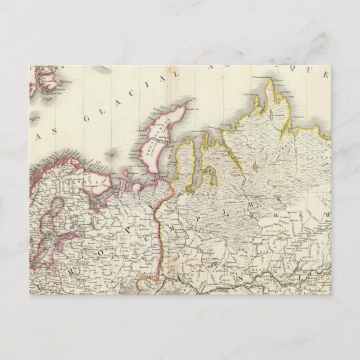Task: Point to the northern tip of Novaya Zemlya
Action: click(193, 104)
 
